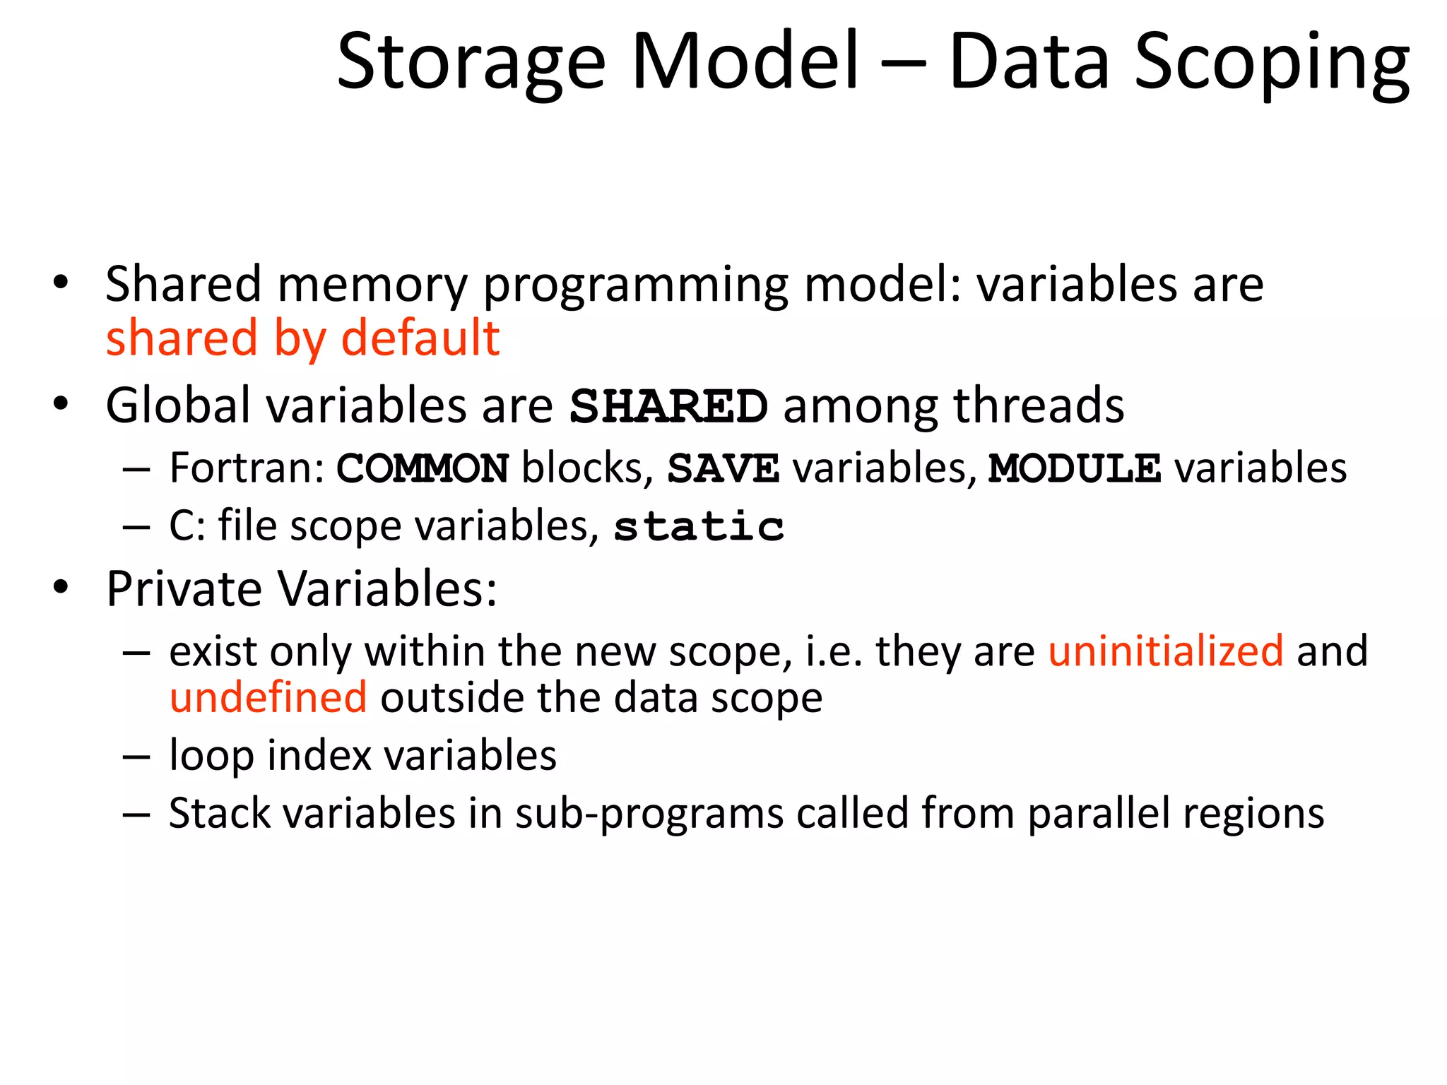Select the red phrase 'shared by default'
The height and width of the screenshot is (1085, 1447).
point(302,338)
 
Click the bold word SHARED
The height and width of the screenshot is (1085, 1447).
point(668,406)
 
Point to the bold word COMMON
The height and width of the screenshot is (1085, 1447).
point(422,468)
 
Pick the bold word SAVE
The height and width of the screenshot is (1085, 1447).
point(723,468)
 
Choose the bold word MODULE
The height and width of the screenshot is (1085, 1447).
point(1074,468)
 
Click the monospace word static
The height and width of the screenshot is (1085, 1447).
point(699,527)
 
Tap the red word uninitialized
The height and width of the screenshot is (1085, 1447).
point(1166,651)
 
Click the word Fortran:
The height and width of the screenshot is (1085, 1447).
point(247,468)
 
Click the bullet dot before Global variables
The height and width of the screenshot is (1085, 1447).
point(61,404)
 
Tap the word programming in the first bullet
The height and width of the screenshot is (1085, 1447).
point(634,285)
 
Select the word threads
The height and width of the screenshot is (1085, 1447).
point(1039,406)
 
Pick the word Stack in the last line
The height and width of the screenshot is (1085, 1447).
point(220,813)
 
